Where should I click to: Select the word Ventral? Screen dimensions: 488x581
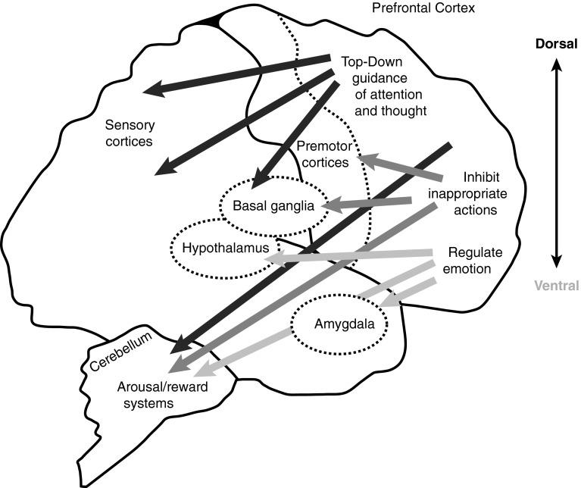click(556, 286)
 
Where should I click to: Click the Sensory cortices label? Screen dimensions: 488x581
click(130, 131)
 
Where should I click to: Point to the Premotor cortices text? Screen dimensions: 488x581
click(323, 154)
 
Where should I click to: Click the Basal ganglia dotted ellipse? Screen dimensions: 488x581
click(273, 205)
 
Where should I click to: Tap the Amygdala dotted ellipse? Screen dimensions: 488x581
click(337, 324)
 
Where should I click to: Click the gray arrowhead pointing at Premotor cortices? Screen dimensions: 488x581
click(367, 159)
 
